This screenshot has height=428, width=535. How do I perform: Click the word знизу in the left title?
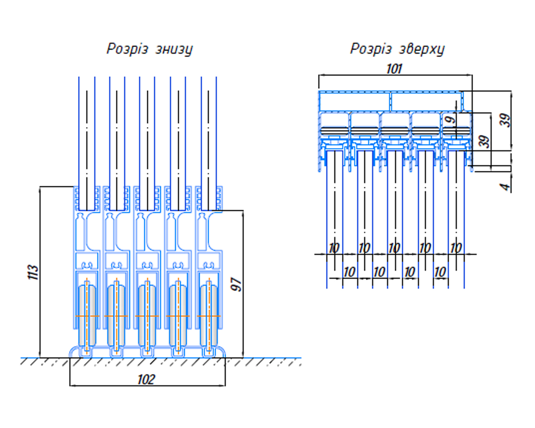174,50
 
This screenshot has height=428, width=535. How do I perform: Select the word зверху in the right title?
422,50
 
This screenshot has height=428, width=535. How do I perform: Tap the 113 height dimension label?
34,272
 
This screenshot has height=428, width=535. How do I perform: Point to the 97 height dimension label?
236,284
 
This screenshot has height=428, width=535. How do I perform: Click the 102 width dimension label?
146,379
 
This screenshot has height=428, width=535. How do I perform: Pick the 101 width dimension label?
394,69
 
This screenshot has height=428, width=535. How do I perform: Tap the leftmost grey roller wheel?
87,316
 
